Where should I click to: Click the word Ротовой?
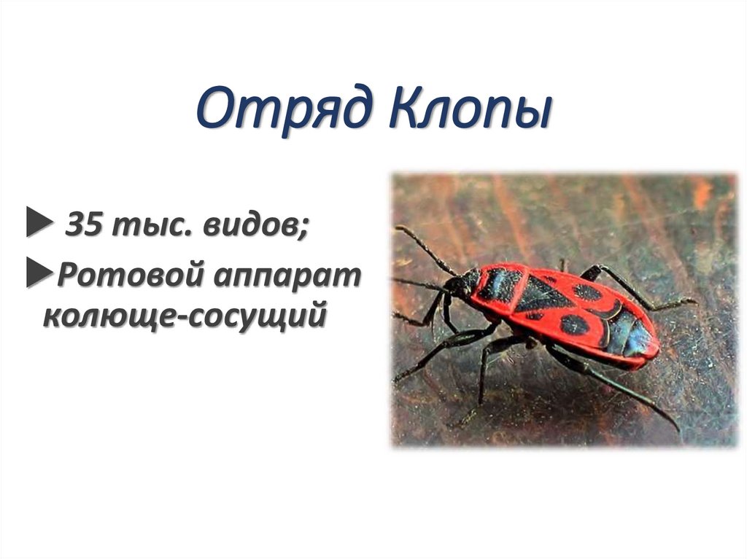132,276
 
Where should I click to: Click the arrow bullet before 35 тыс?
36,225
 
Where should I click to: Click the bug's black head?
461,282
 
